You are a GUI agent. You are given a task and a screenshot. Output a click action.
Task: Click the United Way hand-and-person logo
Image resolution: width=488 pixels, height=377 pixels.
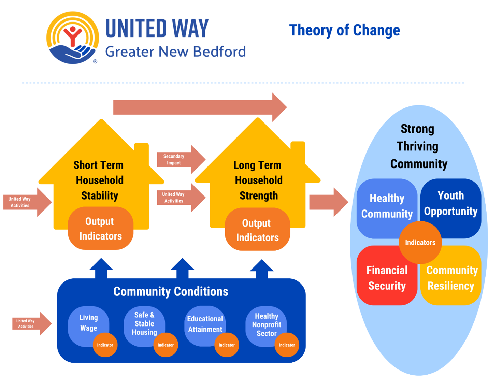click(72, 38)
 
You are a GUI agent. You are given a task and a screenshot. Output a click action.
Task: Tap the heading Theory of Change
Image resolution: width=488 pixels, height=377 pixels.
click(344, 30)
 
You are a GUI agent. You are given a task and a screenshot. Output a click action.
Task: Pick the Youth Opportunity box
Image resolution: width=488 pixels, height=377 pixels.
click(451, 203)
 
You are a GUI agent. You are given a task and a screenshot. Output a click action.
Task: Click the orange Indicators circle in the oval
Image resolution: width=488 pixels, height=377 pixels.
click(420, 243)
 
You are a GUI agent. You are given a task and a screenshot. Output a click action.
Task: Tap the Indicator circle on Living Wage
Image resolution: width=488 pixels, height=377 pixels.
click(105, 345)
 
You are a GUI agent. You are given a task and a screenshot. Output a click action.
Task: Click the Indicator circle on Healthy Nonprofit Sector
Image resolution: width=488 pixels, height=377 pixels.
click(287, 345)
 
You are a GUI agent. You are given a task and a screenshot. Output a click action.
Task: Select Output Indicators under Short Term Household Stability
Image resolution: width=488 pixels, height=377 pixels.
click(100, 229)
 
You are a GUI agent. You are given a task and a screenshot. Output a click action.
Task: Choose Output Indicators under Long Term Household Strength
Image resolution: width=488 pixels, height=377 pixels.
click(257, 230)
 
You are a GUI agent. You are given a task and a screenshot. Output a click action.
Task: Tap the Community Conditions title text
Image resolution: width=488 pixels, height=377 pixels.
click(171, 292)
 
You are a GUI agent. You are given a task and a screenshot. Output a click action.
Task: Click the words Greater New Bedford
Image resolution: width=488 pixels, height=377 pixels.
click(175, 52)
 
